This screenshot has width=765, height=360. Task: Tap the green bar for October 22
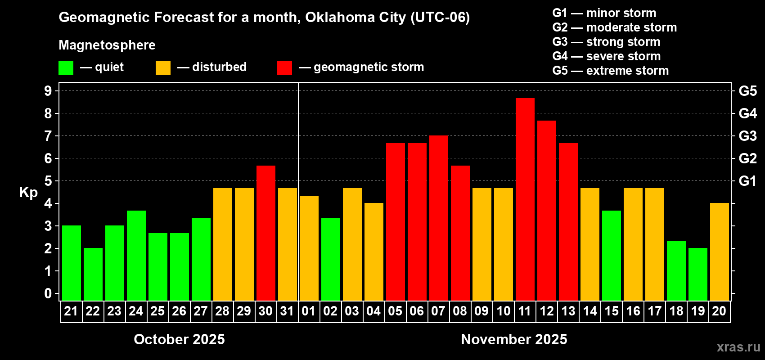click(93, 274)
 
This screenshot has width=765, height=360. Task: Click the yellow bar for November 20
click(719, 252)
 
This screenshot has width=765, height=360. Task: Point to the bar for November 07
click(438, 218)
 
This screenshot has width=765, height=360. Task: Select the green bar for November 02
click(330, 259)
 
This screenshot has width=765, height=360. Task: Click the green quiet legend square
click(66, 68)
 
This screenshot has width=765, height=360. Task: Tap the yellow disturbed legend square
click(163, 68)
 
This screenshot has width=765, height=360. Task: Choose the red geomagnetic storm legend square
click(284, 68)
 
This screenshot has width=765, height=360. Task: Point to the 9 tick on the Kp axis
click(48, 91)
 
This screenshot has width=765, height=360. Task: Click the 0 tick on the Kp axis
click(48, 294)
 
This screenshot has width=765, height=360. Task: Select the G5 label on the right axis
click(747, 91)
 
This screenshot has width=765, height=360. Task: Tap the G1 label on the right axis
click(747, 181)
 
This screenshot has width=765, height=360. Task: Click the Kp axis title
click(28, 193)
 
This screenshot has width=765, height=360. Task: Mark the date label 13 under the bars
click(568, 311)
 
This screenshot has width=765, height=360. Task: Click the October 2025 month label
click(179, 339)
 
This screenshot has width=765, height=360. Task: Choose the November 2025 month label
click(514, 339)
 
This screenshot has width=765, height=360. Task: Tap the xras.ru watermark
click(738, 347)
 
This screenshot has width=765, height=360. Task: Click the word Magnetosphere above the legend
click(107, 45)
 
